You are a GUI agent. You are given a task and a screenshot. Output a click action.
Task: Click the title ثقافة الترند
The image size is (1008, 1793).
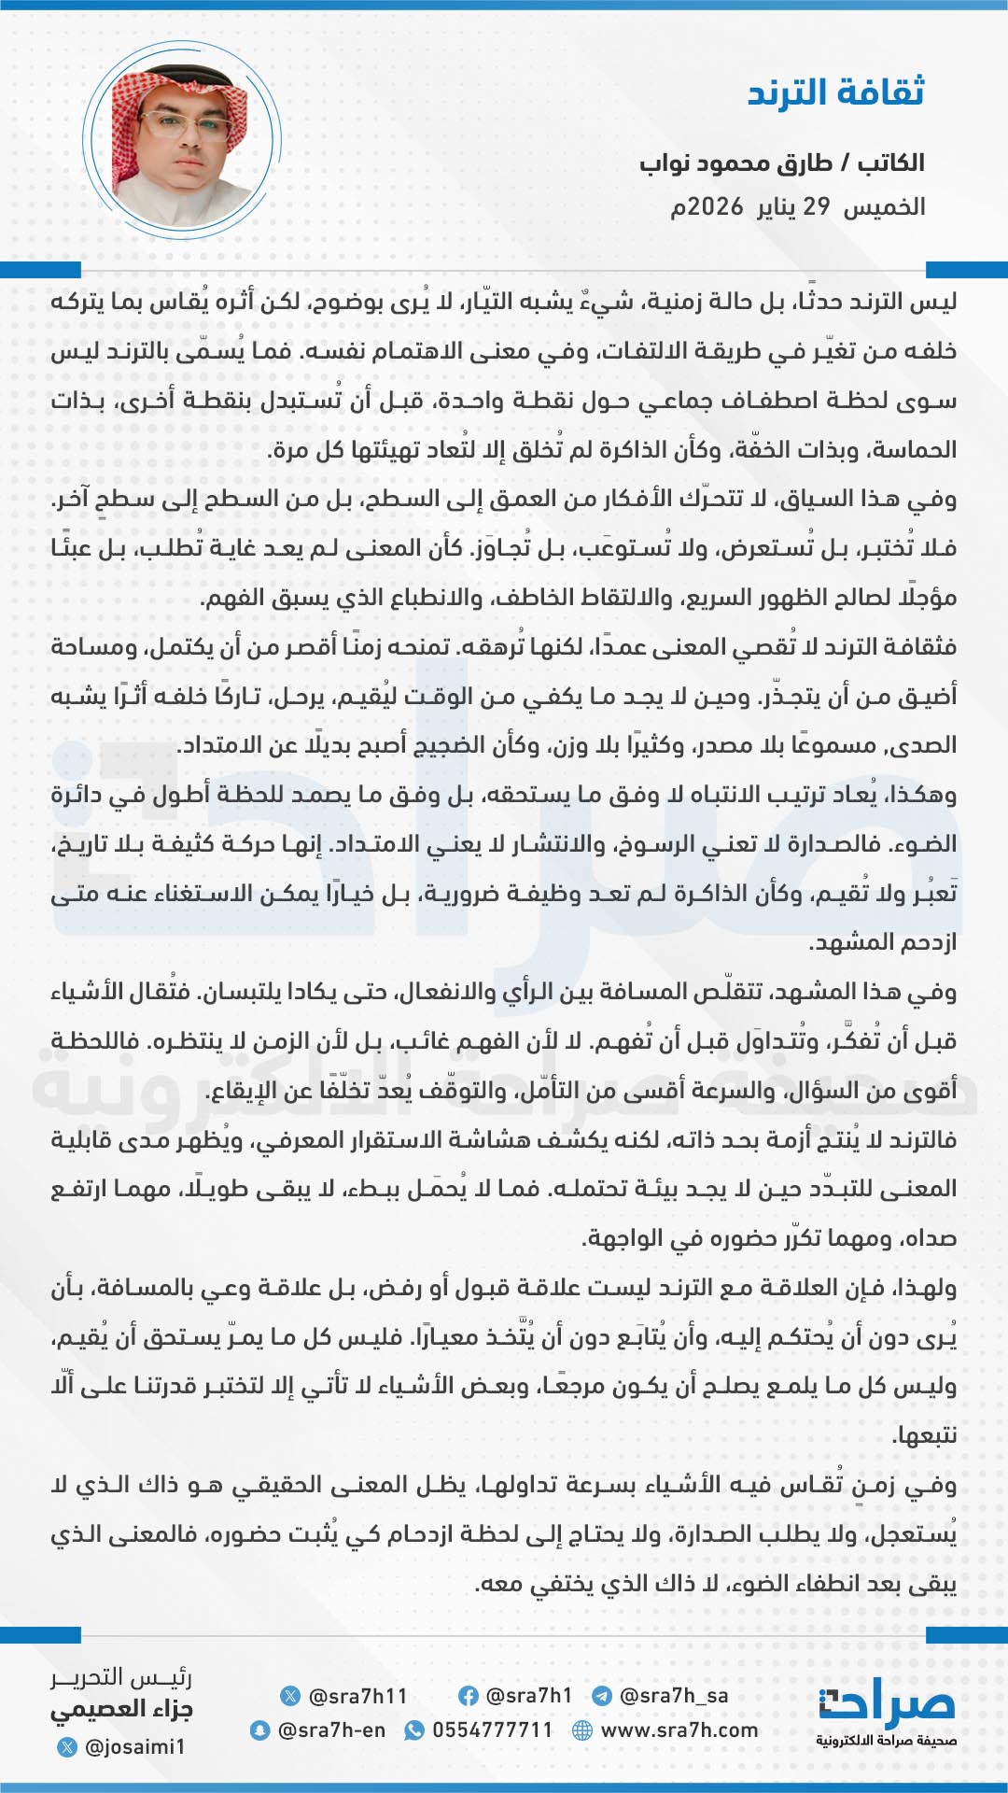point(835,93)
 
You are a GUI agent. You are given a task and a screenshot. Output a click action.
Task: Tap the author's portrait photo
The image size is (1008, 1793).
point(182,138)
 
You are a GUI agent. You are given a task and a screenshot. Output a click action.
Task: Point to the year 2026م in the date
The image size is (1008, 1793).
point(707,206)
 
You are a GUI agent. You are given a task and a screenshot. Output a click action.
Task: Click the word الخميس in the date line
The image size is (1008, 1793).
point(884,206)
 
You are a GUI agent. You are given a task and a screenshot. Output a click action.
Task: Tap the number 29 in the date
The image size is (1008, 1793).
point(817,206)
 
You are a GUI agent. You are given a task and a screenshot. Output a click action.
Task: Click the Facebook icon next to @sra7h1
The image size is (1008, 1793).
point(469,1696)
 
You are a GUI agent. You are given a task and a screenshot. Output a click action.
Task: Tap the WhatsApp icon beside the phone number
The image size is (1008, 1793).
point(413,1730)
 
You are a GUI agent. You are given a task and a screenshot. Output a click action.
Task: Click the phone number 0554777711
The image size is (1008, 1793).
point(492,1730)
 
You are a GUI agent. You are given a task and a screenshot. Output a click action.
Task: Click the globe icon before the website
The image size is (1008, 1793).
point(582,1730)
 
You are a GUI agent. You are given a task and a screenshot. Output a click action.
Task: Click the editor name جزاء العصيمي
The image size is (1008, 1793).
point(121,1710)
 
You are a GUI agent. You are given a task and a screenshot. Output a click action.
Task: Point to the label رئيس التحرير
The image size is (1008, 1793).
point(121,1678)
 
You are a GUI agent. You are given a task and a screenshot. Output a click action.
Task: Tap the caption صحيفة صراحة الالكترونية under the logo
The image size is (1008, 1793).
point(886,1741)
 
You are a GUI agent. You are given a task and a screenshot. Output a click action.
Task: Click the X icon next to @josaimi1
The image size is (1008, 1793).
point(67,1746)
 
